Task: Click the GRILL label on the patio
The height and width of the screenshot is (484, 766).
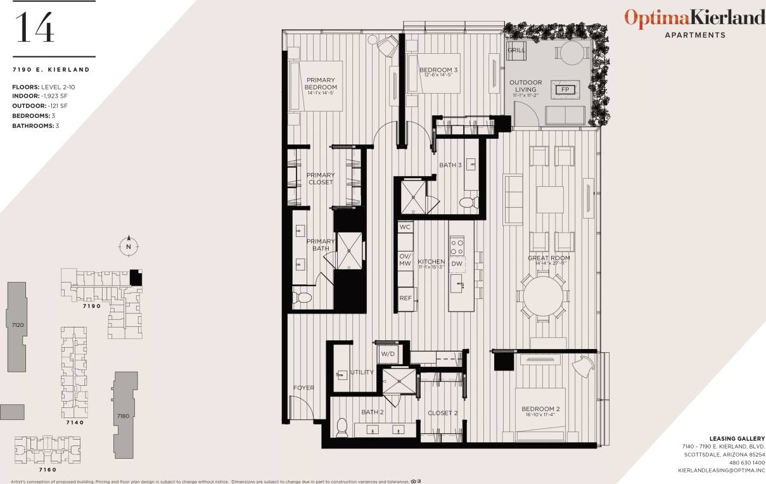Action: click(x=516, y=50)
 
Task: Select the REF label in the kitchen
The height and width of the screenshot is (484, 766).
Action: click(x=405, y=298)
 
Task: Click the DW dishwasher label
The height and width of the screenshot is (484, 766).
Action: click(x=457, y=263)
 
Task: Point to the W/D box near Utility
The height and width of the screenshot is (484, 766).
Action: click(x=388, y=355)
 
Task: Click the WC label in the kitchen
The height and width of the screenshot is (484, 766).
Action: click(x=405, y=226)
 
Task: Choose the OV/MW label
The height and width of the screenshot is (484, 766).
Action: click(x=405, y=260)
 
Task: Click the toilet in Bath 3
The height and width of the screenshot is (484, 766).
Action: click(x=467, y=202)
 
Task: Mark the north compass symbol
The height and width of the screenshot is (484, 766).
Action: click(x=129, y=246)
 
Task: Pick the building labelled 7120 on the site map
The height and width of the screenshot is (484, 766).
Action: click(x=18, y=324)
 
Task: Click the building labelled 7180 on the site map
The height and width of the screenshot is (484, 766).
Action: click(x=124, y=415)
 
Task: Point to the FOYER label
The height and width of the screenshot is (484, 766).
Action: click(x=303, y=388)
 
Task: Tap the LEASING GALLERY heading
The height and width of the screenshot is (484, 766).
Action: click(x=737, y=438)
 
